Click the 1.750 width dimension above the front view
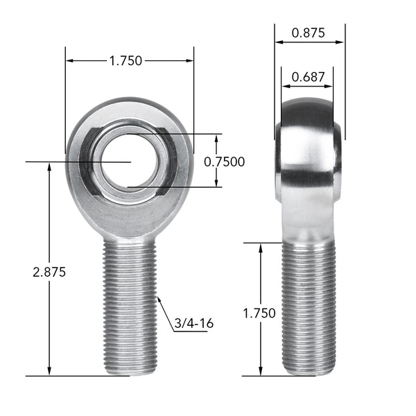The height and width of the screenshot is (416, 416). [x=125, y=61]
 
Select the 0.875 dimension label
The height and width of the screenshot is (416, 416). [x=309, y=33]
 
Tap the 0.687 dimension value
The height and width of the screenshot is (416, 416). [x=307, y=77]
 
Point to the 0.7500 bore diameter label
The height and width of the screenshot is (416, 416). [x=224, y=162]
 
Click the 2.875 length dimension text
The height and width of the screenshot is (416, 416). [x=49, y=272]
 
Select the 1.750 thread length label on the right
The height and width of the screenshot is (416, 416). [x=259, y=313]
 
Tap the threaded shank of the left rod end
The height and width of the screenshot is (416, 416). [x=130, y=305]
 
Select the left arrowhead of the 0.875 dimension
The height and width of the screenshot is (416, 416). [x=279, y=42]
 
